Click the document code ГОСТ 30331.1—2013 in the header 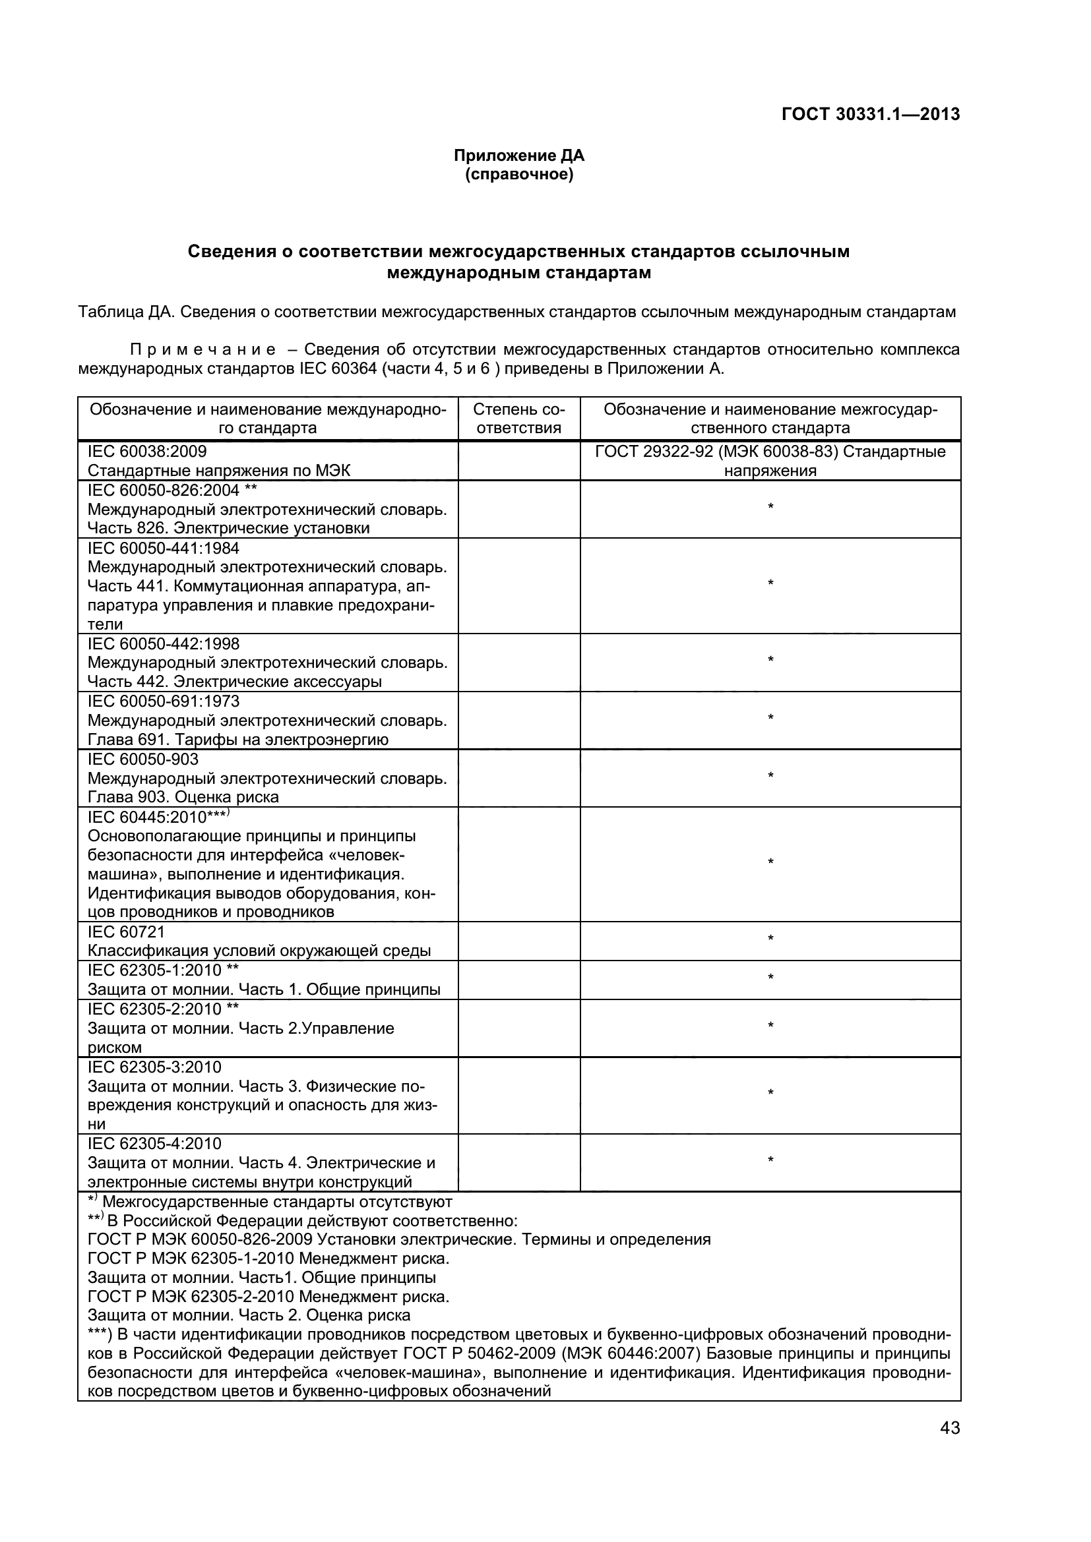tap(871, 114)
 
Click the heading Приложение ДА tap(518, 156)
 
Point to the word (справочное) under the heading tap(518, 175)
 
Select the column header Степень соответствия tap(518, 419)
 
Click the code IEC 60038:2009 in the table tap(147, 452)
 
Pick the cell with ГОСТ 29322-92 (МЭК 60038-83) tap(770, 460)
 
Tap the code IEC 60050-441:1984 tap(163, 548)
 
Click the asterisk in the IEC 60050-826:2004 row tap(770, 506)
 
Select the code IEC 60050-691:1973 tap(163, 701)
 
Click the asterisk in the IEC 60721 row tap(770, 938)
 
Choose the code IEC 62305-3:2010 tap(154, 1067)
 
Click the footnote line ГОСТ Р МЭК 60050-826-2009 tap(399, 1239)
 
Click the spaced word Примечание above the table tap(203, 350)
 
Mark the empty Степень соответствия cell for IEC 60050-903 tap(518, 778)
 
